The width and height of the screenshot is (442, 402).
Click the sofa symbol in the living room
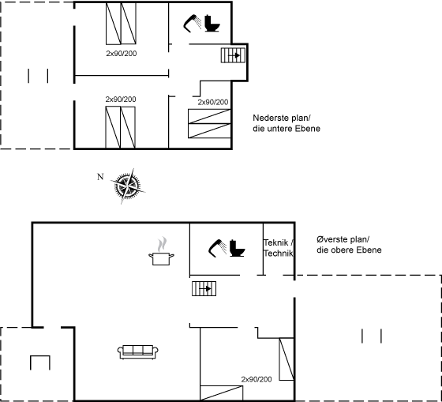point(138,351)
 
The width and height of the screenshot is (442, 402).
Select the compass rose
point(127,186)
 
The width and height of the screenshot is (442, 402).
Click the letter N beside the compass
point(100,177)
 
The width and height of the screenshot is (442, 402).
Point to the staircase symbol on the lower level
point(233,55)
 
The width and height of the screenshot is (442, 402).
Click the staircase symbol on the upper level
point(204,288)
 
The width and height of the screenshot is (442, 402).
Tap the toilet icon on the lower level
point(212,23)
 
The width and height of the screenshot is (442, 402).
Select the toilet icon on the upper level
point(237,248)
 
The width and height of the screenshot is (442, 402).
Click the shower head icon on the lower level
point(193,23)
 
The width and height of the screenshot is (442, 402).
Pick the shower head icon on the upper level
point(217,248)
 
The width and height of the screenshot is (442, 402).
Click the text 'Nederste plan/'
point(283,118)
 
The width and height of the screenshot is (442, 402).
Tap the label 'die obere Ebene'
point(349,250)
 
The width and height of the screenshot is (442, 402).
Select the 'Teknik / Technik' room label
point(279,248)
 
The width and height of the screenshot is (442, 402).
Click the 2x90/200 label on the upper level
point(257,379)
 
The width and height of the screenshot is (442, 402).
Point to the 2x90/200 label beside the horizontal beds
point(213,102)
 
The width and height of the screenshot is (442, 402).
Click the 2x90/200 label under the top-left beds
point(122,54)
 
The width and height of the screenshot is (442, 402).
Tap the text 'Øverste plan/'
point(343,239)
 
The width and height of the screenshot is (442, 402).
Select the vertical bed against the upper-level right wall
point(287,359)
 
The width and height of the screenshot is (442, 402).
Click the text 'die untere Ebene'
point(287,129)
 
